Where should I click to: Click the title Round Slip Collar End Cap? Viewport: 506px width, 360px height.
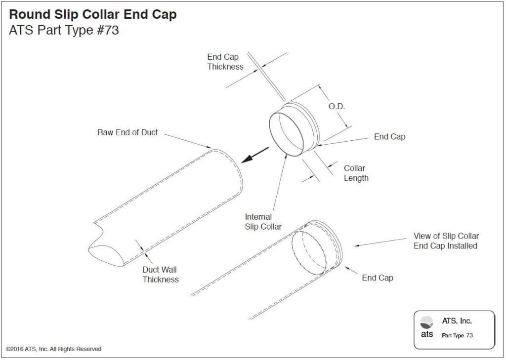click(x=92, y=15)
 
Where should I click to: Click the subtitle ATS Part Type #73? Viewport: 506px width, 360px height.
click(x=64, y=31)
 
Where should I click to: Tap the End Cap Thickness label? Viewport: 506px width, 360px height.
click(x=225, y=62)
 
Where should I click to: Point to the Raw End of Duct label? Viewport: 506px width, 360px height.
click(x=127, y=132)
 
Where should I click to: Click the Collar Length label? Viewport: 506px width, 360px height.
click(x=356, y=173)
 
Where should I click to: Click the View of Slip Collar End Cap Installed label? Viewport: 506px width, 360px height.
click(x=446, y=241)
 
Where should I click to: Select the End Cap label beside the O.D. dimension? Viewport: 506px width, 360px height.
click(x=389, y=137)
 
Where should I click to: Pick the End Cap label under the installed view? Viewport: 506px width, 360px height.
click(x=378, y=278)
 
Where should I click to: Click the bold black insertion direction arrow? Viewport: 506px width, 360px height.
click(x=255, y=155)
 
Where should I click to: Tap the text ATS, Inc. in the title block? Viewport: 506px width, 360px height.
click(x=457, y=321)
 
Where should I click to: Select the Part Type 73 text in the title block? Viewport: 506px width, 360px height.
click(x=457, y=335)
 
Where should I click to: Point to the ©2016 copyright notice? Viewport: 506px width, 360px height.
click(x=54, y=349)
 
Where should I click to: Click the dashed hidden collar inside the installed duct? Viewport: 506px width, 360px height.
click(x=309, y=251)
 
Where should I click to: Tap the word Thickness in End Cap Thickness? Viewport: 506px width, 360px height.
click(x=225, y=67)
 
